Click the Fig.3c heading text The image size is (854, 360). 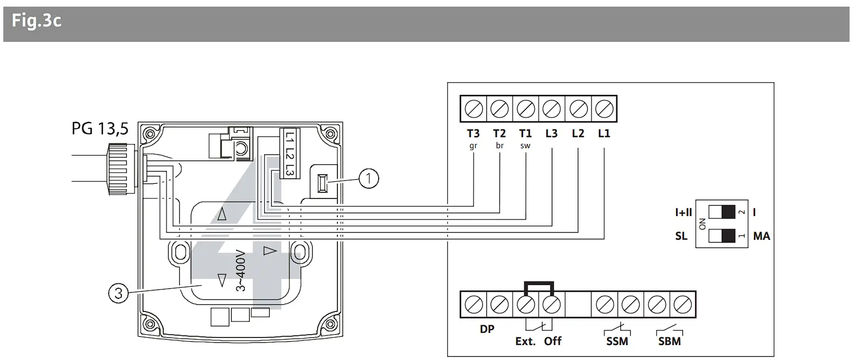[36, 22]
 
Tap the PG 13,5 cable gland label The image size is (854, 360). [100, 129]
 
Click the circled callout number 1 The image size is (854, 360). [369, 178]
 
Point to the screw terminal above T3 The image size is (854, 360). [474, 109]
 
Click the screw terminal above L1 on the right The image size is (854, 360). [604, 109]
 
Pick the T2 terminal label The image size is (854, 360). [499, 133]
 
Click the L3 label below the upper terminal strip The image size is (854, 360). [552, 133]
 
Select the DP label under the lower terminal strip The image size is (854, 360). [486, 329]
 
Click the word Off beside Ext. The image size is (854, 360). [552, 341]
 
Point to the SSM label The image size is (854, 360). [617, 342]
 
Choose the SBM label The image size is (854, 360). [669, 342]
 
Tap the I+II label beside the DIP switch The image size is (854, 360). [684, 212]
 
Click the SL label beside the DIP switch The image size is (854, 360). [681, 236]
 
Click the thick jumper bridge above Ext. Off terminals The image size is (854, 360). [539, 284]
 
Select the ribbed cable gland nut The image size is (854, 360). [117, 169]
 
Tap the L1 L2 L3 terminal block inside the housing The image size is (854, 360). [289, 153]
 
